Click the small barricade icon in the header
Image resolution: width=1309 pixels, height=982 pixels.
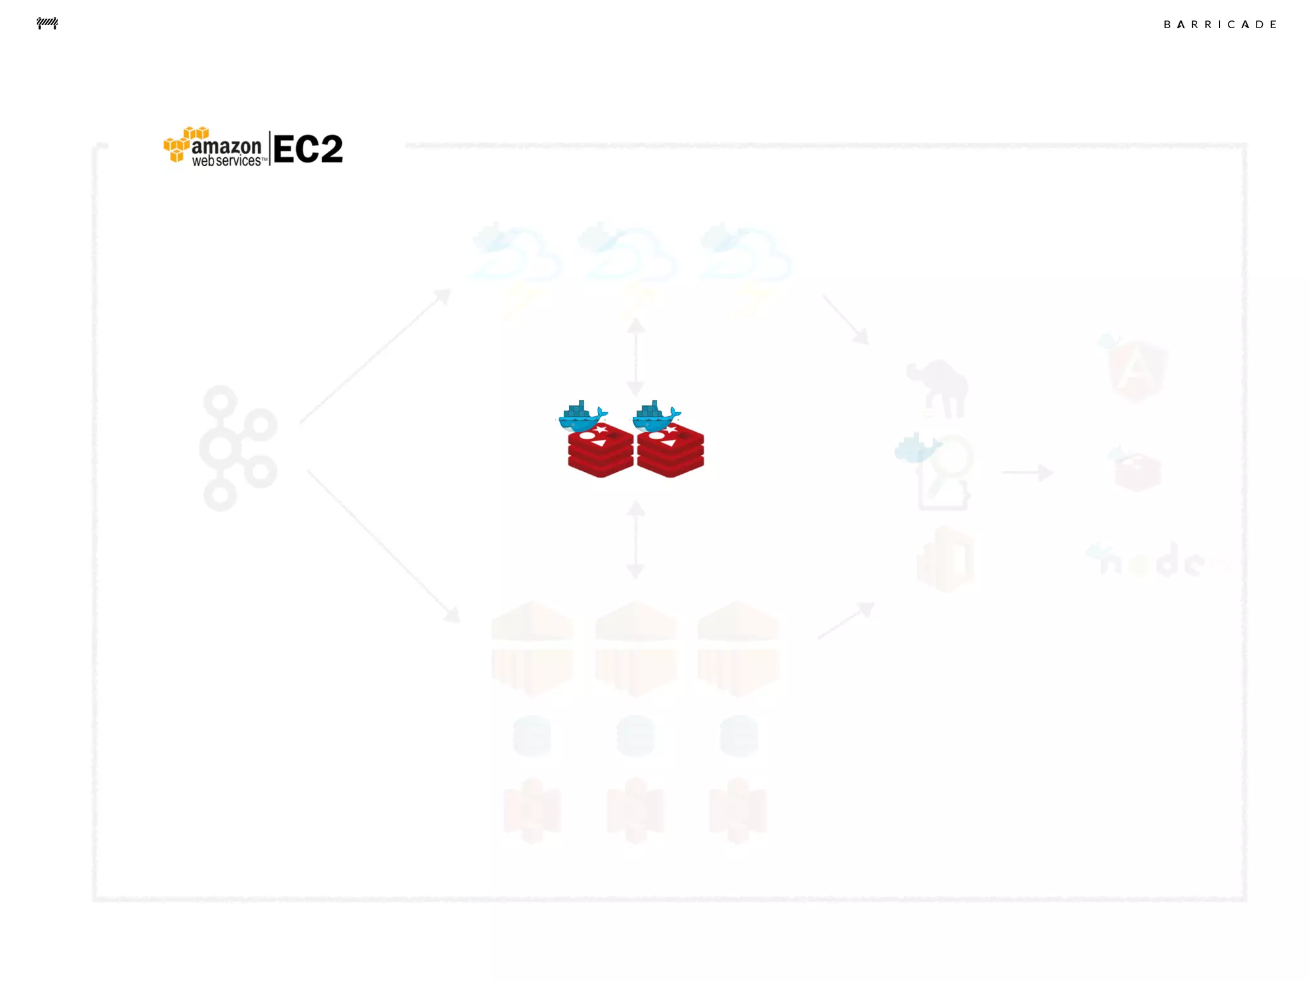tap(47, 24)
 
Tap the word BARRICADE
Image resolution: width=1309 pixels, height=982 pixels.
tap(1220, 24)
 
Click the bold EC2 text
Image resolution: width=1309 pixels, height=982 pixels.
tap(308, 150)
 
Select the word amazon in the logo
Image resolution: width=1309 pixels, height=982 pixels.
tap(226, 146)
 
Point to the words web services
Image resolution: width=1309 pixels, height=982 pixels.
tap(227, 161)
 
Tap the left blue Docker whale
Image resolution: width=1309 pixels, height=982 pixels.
tap(582, 416)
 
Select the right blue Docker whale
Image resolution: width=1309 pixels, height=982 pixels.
tap(655, 416)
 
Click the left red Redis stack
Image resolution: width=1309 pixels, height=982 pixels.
tap(600, 450)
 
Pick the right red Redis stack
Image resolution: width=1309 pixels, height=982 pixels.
tap(670, 450)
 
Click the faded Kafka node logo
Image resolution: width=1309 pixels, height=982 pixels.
tap(237, 448)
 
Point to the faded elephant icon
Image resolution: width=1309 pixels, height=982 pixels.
tap(938, 387)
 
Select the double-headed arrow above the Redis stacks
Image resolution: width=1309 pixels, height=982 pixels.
tap(635, 357)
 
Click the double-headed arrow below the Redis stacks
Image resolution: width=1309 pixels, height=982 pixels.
tap(635, 540)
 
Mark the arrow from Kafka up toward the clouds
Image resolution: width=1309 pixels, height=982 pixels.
tap(375, 355)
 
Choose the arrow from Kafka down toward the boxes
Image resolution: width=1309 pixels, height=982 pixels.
tap(383, 545)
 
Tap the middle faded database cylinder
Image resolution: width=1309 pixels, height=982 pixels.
tap(635, 735)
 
